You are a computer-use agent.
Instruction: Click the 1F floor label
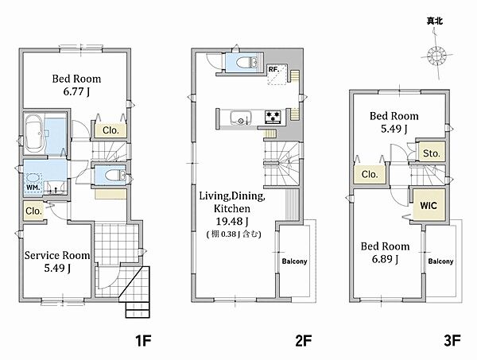tap(143, 341)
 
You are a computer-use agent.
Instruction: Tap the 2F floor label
tap(304, 341)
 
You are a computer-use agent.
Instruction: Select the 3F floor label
tap(452, 341)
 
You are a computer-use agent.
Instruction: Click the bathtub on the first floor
tap(34, 134)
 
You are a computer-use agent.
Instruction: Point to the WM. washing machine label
tap(33, 188)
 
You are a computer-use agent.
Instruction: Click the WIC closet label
tap(429, 206)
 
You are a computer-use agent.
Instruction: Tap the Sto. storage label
tap(432, 153)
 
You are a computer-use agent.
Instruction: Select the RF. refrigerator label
tap(273, 69)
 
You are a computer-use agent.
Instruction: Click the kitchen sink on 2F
tap(241, 118)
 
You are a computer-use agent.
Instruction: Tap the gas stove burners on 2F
tap(273, 117)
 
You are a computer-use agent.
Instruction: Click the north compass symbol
tap(436, 56)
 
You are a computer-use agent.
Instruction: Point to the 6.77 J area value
tap(76, 91)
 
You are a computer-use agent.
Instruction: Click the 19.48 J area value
tap(232, 222)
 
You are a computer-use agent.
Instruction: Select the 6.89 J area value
tap(385, 259)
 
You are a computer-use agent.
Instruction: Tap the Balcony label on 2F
tap(294, 261)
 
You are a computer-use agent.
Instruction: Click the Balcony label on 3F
tap(440, 261)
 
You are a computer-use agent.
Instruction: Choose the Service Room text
tap(57, 255)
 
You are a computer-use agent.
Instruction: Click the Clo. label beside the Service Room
tap(33, 211)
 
